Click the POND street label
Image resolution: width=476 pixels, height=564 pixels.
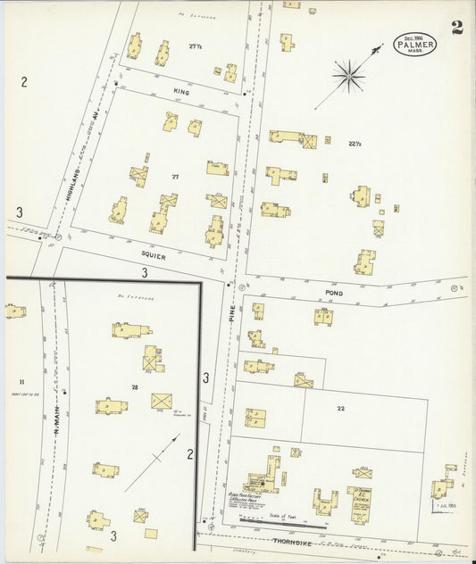click(x=334, y=292)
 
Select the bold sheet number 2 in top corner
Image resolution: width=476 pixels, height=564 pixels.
click(x=456, y=27)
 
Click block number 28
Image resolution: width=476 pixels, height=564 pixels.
click(x=135, y=386)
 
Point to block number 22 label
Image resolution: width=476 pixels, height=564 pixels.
click(x=340, y=407)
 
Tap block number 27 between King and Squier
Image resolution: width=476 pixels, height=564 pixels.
click(x=176, y=177)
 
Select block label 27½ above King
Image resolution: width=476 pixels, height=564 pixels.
click(x=196, y=46)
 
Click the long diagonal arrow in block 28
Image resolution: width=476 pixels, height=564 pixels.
click(x=152, y=462)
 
